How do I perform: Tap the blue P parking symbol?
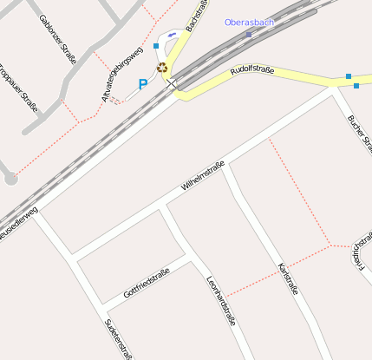[143, 84]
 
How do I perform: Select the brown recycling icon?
[161, 67]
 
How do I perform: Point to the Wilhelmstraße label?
[203, 175]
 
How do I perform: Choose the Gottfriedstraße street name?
[146, 283]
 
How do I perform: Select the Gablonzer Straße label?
[57, 40]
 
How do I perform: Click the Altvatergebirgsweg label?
[121, 75]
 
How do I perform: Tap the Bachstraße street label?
[197, 16]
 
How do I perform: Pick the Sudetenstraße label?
[118, 338]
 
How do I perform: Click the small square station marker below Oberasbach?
[249, 35]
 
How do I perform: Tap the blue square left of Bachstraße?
[156, 45]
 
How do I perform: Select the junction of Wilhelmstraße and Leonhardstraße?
[163, 206]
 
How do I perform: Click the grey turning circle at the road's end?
[10, 179]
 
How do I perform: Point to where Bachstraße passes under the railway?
[173, 82]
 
